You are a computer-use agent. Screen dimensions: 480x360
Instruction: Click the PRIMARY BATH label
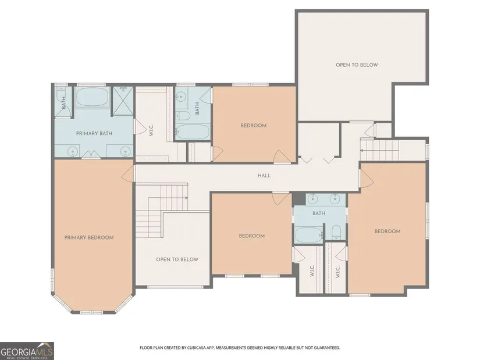point(94,133)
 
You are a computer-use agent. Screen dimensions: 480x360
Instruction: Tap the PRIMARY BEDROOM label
point(89,237)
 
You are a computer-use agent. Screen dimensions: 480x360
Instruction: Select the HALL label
point(264,176)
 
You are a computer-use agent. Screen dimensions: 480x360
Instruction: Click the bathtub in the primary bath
point(93,97)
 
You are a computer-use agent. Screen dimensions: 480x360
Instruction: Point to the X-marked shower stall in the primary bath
point(123,101)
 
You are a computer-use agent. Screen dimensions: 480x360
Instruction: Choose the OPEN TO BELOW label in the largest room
point(357,65)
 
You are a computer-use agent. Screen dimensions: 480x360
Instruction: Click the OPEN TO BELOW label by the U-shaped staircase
point(177,259)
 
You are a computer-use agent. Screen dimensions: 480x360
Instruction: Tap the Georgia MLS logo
point(27,351)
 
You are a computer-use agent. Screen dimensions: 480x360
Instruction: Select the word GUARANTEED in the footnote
point(328,348)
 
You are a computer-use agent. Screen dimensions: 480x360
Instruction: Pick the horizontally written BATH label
point(319,213)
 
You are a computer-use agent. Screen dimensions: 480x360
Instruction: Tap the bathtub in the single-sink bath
point(193,132)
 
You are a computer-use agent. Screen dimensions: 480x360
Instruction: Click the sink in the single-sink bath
point(180,97)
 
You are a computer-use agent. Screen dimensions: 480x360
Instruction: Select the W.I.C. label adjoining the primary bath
point(151,130)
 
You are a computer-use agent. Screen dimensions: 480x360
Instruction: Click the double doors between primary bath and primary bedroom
point(91,154)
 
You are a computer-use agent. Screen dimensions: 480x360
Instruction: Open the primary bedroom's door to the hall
point(128,174)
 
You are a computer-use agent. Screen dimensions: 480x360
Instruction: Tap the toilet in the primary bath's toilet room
point(61,92)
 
